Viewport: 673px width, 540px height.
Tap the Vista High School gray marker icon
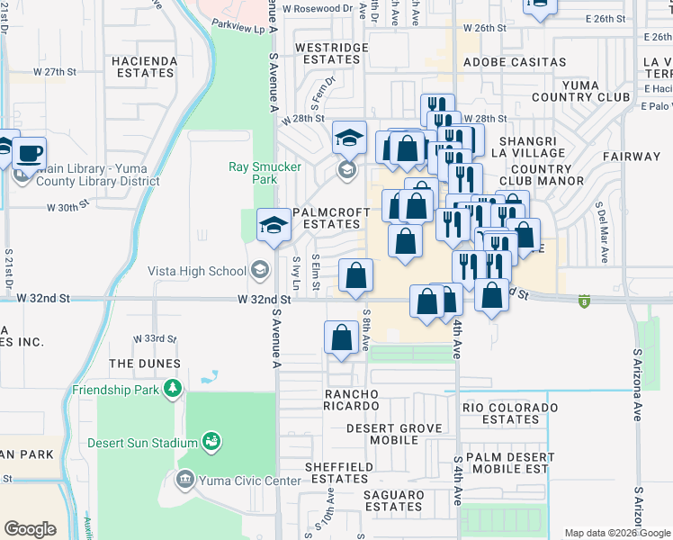260,270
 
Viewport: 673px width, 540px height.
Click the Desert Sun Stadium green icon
212,442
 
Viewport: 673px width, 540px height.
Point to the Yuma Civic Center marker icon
185,480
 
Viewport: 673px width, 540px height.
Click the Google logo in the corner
30,529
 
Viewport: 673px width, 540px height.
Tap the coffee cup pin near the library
31,151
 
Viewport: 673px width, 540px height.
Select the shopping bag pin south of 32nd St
342,338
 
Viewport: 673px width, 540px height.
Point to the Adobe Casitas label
515,62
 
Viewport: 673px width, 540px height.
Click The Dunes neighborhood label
144,364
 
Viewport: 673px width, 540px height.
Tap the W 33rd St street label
155,338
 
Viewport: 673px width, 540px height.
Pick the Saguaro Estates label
393,500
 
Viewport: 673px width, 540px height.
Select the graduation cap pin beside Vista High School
274,225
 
